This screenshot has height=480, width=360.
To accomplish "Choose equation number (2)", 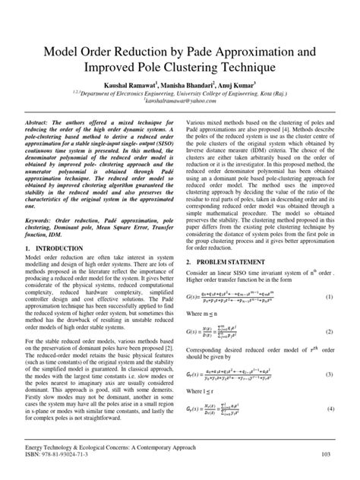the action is coord(331,332).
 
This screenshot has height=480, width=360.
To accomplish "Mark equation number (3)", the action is coord(331,374).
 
